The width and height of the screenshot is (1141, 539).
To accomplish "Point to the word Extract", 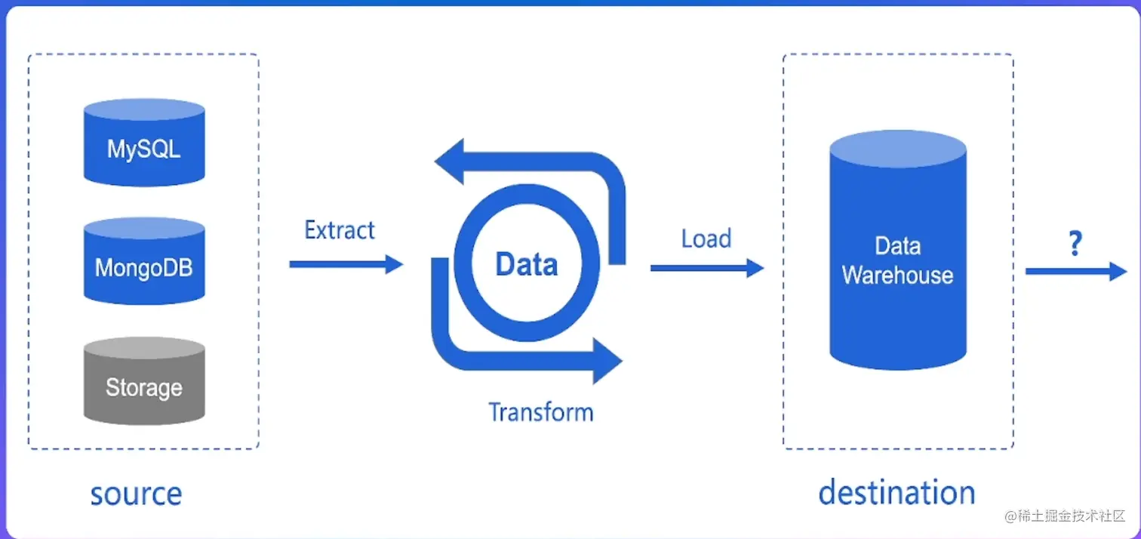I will [340, 230].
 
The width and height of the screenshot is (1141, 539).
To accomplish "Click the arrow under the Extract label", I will [346, 263].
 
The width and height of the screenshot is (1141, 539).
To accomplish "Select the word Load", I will [706, 239].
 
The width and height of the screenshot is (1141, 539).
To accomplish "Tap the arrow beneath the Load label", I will [707, 268].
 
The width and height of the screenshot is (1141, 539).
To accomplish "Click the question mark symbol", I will [1075, 244].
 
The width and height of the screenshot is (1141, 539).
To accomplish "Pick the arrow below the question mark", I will [1076, 271].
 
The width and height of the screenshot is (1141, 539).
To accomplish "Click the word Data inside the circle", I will [527, 264].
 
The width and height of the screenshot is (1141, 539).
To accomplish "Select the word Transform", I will [540, 412].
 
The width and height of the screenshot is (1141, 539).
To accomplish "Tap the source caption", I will [136, 494].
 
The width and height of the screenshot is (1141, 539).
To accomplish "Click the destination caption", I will [896, 493].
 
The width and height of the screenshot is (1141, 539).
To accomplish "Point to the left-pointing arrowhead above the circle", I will [451, 162].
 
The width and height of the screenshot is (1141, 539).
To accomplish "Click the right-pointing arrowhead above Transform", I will [606, 361].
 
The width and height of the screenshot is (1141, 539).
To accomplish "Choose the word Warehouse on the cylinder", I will [897, 275].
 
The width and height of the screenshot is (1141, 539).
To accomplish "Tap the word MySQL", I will [143, 148].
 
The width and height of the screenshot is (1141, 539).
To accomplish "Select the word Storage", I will [143, 388].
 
